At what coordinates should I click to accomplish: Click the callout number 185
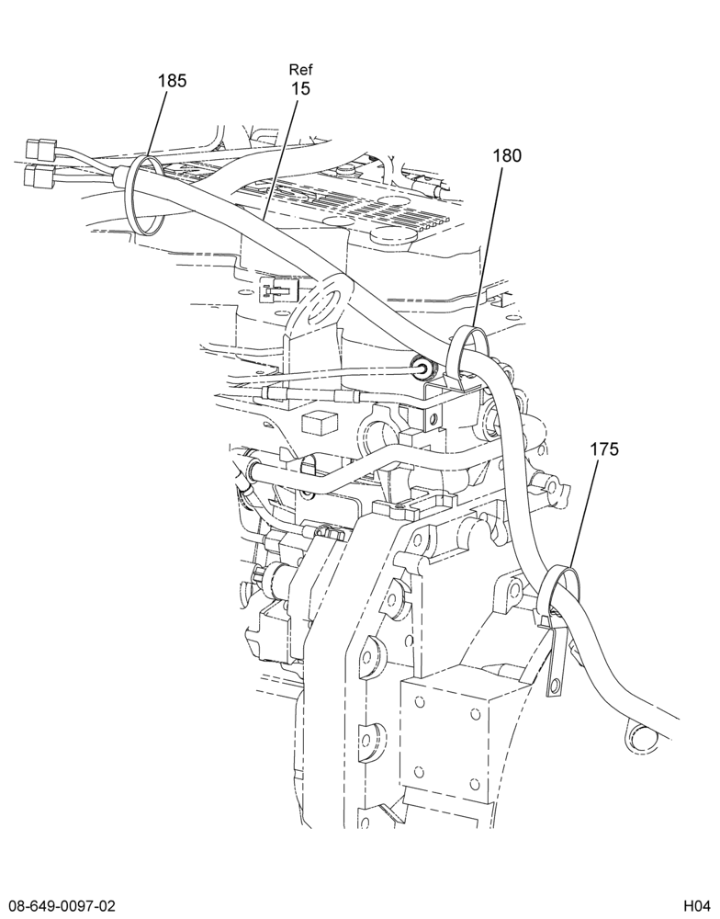pyautogui.click(x=172, y=80)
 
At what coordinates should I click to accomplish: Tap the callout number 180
pyautogui.click(x=507, y=155)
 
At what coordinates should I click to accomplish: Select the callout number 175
pyautogui.click(x=604, y=449)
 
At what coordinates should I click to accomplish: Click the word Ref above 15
pyautogui.click(x=301, y=70)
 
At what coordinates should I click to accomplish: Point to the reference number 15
pyautogui.click(x=301, y=88)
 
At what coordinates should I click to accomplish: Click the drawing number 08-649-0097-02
pyautogui.click(x=61, y=904)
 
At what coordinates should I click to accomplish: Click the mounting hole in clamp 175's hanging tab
pyautogui.click(x=554, y=684)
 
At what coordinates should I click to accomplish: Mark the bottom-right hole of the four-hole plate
pyautogui.click(x=475, y=783)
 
